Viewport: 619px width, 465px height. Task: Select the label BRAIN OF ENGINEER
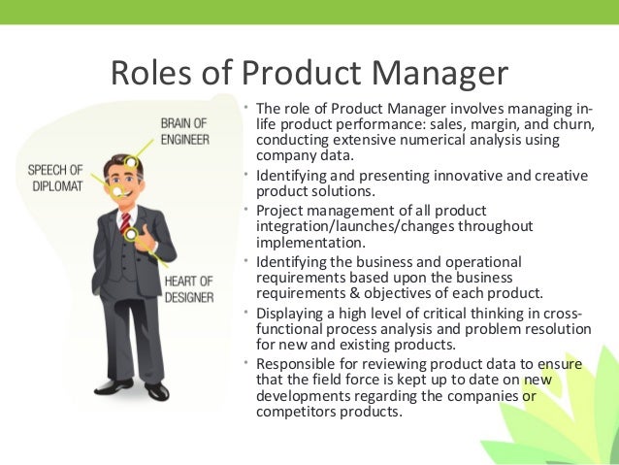(x=187, y=130)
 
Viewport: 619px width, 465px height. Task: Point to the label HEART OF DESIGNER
(x=188, y=289)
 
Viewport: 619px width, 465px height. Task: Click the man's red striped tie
(x=126, y=227)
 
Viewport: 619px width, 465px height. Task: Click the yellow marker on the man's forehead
(x=131, y=161)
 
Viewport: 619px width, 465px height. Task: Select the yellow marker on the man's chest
(x=129, y=234)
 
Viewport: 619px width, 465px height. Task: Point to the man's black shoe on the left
(x=113, y=386)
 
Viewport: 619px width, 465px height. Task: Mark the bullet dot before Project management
(x=248, y=210)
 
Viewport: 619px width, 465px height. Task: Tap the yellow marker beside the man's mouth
(x=118, y=191)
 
